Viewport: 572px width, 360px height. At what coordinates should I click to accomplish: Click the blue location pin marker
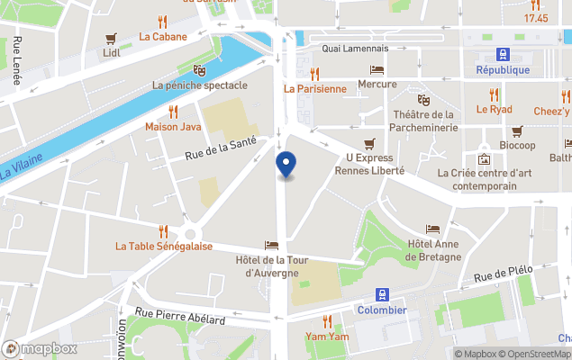(x=285, y=166)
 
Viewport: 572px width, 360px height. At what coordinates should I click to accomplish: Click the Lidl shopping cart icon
(x=112, y=38)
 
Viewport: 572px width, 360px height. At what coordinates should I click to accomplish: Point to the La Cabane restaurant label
(x=163, y=37)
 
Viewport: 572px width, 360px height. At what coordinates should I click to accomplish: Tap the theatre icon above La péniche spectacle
(x=199, y=69)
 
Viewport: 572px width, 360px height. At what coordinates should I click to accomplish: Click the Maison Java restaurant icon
(x=173, y=112)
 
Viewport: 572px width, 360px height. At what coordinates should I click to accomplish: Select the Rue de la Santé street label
(x=221, y=148)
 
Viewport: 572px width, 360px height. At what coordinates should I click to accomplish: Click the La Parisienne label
(x=314, y=88)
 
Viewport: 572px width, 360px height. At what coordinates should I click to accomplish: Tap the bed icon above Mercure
(x=377, y=69)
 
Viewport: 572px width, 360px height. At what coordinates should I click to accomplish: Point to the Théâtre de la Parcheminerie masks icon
(x=422, y=99)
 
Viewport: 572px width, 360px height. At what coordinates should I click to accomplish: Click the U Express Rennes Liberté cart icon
(x=368, y=144)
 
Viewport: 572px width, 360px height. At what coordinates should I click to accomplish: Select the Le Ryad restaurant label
(x=494, y=110)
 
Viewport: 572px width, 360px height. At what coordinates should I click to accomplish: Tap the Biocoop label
(x=517, y=145)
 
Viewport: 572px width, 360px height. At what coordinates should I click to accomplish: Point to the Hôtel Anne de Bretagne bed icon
(x=433, y=229)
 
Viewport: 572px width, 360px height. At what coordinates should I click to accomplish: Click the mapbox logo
(x=40, y=348)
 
